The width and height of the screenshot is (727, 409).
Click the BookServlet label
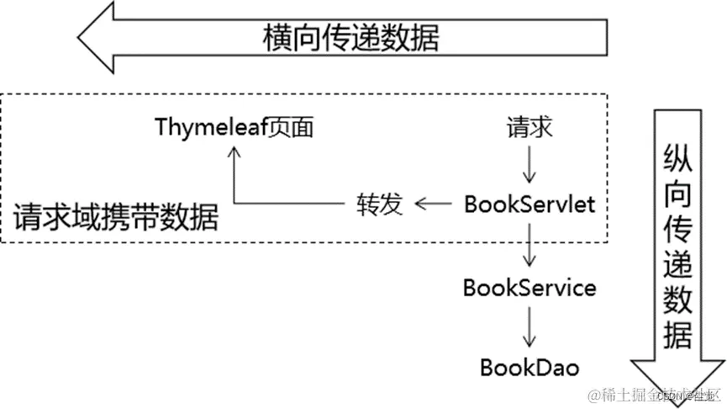click(x=529, y=204)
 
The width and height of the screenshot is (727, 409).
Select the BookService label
click(x=529, y=288)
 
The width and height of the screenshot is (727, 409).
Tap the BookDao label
click(x=529, y=367)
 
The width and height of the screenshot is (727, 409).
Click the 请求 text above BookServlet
click(x=529, y=128)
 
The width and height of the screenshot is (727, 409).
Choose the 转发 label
click(x=380, y=204)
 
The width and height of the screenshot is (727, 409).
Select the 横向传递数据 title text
click(x=350, y=38)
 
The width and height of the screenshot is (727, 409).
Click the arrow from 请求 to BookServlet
click(x=529, y=165)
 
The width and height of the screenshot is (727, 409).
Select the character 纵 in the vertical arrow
click(x=677, y=156)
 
